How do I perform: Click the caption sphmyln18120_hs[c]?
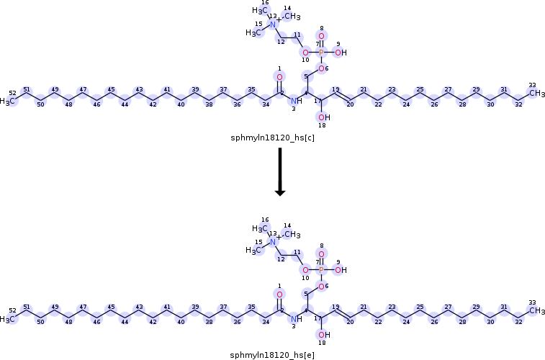tap(272, 137)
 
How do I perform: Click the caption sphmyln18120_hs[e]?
tap(272, 355)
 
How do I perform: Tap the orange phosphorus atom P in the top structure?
tap(321, 53)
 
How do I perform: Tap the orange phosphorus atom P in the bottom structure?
tap(321, 271)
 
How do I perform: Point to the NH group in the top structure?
tap(297, 101)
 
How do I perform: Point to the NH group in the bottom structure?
tap(297, 319)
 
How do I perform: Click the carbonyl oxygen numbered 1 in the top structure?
tap(279, 77)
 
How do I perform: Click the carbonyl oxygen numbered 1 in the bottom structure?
tap(279, 295)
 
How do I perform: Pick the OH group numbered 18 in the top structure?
tap(323, 117)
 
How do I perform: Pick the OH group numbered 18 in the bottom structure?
tap(323, 336)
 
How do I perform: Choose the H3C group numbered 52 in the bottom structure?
tap(8, 319)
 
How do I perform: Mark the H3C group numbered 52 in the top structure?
tap(8, 101)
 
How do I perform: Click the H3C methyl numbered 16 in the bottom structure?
tap(259, 229)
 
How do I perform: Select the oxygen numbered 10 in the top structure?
tap(305, 53)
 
